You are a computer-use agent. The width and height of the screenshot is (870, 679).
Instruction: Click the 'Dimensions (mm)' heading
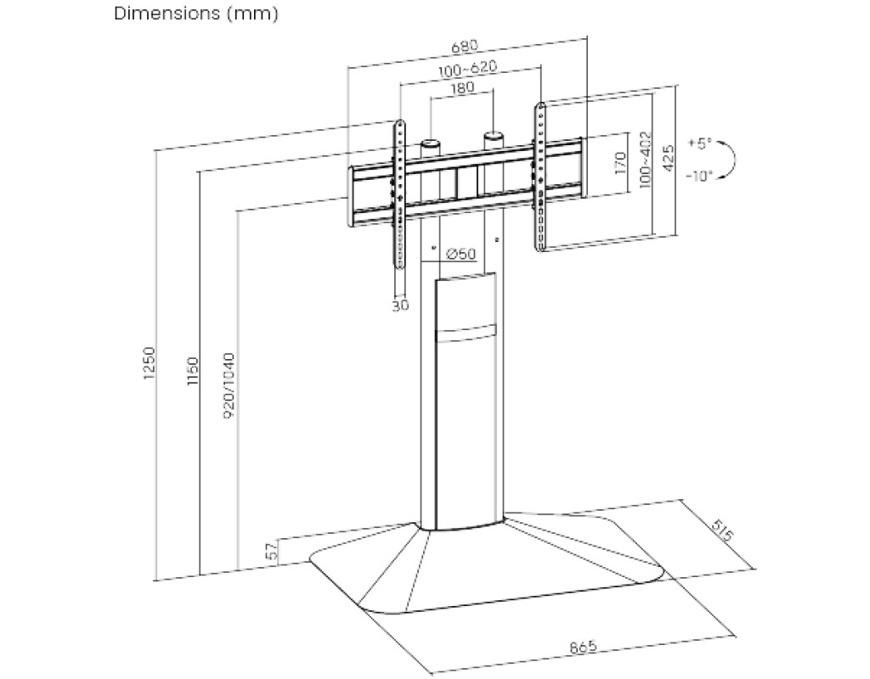click(196, 14)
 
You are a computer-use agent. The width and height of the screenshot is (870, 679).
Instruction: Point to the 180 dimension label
click(463, 87)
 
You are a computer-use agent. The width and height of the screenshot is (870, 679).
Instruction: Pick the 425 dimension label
click(669, 159)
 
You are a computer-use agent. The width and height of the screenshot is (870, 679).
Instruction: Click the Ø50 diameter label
click(460, 254)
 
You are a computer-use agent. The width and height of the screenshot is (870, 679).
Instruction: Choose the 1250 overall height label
click(150, 363)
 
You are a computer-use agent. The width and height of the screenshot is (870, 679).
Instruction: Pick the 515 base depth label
click(721, 533)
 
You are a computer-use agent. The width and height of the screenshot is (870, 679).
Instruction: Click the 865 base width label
click(583, 647)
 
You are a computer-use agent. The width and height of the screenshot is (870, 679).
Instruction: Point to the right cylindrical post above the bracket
click(493, 139)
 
